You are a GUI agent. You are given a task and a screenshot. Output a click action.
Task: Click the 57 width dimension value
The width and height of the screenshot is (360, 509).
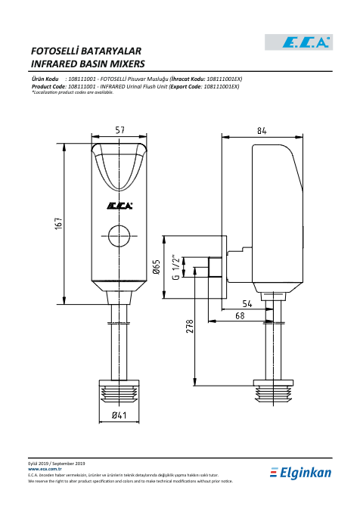[119, 130]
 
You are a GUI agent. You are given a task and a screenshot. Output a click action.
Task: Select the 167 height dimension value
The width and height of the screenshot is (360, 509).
[58, 224]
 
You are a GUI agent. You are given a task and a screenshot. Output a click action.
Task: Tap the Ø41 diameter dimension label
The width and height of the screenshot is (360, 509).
[119, 415]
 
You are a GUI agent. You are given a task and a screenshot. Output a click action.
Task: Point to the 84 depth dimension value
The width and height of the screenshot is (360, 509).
[262, 131]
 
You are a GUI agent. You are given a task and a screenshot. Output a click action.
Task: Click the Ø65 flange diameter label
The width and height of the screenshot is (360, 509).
[157, 266]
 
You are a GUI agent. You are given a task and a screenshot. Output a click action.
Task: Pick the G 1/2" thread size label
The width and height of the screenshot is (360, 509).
[175, 267]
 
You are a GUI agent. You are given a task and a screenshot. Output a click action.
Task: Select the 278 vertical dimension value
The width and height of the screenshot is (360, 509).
[189, 326]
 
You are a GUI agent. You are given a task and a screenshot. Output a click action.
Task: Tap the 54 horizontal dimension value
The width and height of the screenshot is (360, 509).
[247, 304]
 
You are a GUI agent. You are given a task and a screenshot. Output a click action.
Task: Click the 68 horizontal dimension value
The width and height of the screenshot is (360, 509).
[240, 315]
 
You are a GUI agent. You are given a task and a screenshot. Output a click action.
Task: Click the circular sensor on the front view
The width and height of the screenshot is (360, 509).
[119, 236]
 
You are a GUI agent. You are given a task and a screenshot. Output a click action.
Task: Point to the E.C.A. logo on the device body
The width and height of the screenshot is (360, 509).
[119, 206]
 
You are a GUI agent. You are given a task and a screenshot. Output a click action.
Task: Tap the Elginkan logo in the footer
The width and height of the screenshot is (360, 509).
[300, 473]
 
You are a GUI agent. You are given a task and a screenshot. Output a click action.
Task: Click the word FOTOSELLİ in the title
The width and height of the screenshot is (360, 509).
[55, 51]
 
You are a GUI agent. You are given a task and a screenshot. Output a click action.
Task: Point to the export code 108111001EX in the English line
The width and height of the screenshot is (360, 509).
[222, 87]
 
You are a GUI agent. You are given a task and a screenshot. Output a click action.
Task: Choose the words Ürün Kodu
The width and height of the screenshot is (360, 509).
[45, 79]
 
